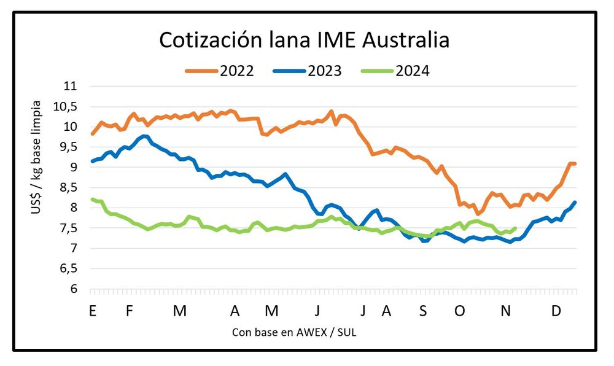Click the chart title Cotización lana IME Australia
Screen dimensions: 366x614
tap(305, 40)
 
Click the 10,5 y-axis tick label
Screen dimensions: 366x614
tap(68, 107)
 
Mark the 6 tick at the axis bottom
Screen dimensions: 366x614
tap(75, 289)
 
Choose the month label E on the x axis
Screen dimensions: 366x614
tap(92, 311)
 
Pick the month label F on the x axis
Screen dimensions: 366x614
tap(130, 311)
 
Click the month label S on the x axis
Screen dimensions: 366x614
tap(422, 311)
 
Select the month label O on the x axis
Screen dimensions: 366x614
tap(459, 311)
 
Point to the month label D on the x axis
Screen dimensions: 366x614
tap(556, 311)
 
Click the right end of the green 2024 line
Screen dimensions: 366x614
tap(515, 228)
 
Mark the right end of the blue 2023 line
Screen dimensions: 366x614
tap(575, 202)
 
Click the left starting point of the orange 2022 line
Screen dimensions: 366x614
tap(92, 133)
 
